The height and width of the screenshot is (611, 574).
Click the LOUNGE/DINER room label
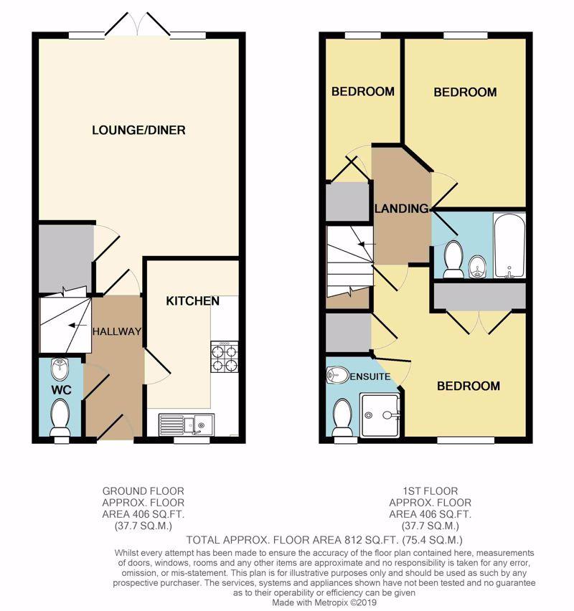[138, 130]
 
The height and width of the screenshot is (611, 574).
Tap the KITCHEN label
[192, 300]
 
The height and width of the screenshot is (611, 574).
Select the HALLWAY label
[116, 331]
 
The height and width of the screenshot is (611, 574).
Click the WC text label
[61, 389]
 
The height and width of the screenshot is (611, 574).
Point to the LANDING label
[401, 209]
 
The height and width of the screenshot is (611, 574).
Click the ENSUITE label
[370, 376]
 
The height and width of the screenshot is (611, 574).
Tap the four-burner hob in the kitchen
[225, 356]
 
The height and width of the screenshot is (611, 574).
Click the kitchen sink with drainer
[187, 424]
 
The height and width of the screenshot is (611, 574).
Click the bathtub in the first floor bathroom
[509, 245]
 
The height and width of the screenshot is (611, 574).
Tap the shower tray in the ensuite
[380, 415]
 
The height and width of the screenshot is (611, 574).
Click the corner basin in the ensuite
[337, 375]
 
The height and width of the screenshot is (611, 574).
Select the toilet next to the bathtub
[453, 259]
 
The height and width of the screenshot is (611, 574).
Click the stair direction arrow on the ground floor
[77, 325]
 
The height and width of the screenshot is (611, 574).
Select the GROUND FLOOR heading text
[143, 491]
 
